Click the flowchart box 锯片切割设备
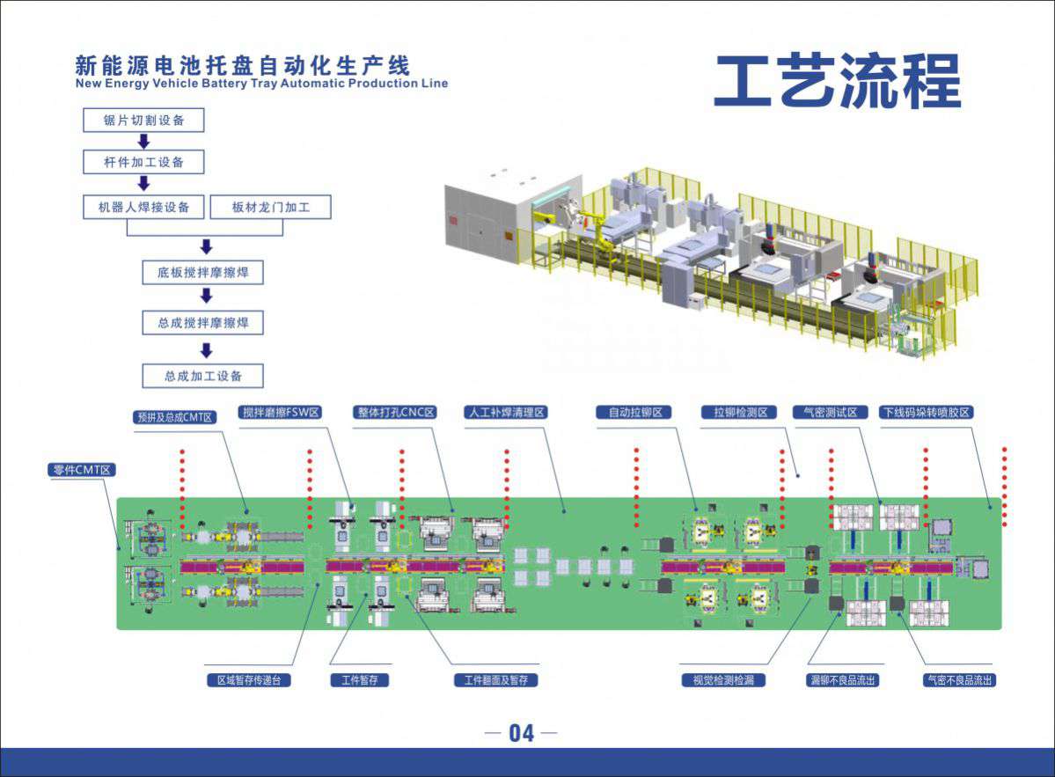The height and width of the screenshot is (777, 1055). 143,121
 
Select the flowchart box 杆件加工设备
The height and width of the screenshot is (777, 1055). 143,163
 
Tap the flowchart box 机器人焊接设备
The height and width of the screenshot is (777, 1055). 143,208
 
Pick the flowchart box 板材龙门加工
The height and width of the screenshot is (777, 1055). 270,208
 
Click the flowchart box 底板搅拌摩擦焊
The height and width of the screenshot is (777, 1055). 203,273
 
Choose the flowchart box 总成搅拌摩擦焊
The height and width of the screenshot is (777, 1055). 203,323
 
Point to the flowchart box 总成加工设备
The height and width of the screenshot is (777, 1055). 203,377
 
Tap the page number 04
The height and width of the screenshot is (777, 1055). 521,733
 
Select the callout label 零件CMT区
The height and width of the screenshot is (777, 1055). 81,470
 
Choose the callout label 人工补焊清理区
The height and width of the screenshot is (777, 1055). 507,411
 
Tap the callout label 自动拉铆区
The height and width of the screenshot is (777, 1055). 634,411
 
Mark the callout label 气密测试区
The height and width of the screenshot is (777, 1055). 831,411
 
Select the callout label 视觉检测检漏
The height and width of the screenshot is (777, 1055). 723,679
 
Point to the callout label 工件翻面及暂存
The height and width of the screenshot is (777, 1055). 496,679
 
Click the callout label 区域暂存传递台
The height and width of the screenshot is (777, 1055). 248,679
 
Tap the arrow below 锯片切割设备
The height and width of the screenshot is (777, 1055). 144,142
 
